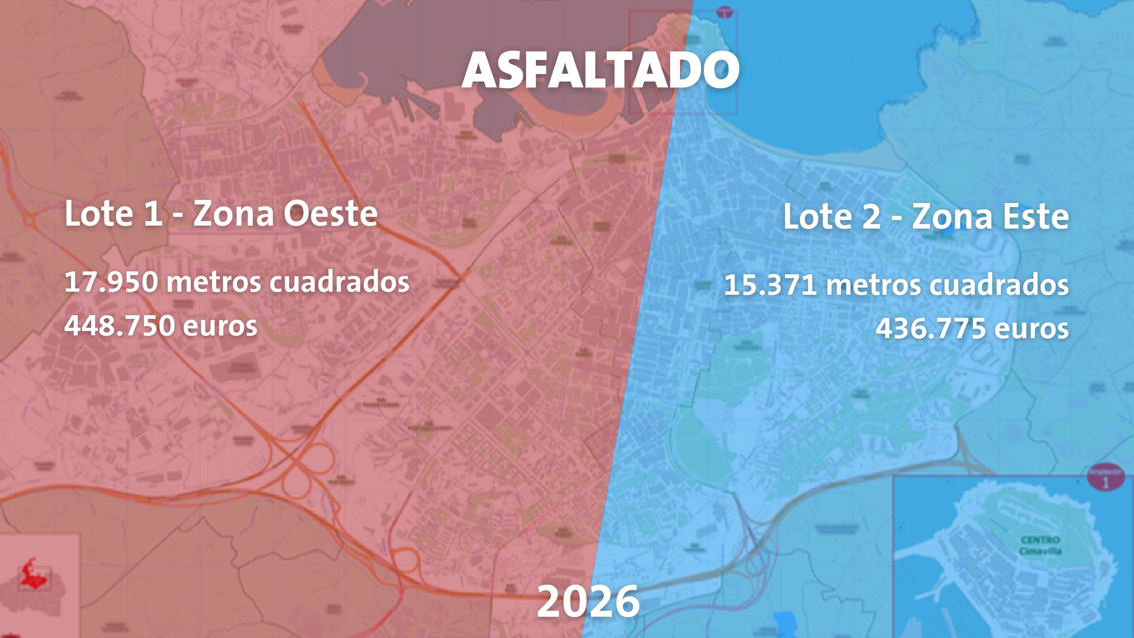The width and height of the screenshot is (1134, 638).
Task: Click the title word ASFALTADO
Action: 600,70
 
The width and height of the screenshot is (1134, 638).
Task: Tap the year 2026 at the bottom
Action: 588,601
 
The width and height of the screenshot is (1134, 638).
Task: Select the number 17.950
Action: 111,282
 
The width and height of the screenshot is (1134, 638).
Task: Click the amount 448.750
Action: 118,326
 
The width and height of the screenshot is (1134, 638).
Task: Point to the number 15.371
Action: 770,285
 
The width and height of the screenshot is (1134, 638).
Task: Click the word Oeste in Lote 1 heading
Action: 330,213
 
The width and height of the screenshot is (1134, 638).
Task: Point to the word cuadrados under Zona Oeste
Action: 339,282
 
